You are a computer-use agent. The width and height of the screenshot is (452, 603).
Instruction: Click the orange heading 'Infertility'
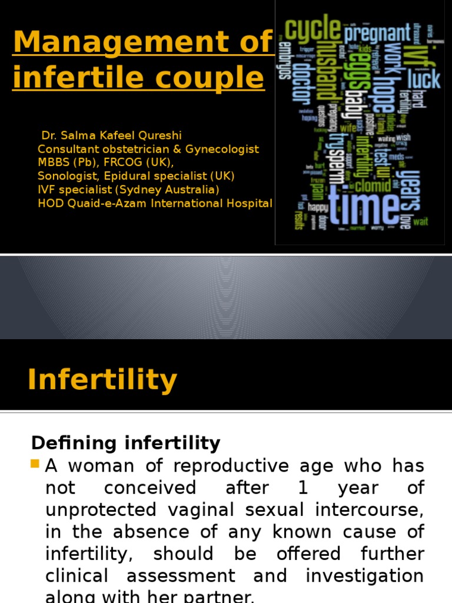[102, 380]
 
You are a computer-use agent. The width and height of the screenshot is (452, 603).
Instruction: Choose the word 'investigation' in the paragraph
[365, 575]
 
